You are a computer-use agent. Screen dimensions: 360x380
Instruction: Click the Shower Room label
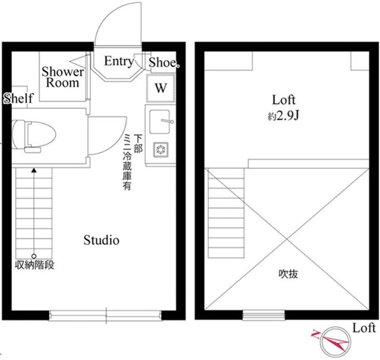click(x=63, y=78)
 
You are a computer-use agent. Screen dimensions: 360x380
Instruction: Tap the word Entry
click(x=119, y=61)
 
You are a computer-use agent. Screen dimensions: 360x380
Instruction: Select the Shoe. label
click(x=164, y=62)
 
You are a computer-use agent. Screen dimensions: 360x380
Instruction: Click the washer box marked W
click(x=161, y=88)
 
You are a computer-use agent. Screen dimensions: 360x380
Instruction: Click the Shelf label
click(x=19, y=98)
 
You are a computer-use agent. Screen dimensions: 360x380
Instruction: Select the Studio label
click(x=101, y=240)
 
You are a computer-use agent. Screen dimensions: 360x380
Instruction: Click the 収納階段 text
click(x=35, y=265)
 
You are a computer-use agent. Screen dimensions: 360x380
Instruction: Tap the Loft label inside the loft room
click(x=284, y=100)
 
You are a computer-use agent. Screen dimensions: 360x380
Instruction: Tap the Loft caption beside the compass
click(x=364, y=328)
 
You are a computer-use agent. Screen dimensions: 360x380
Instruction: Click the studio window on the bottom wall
click(x=105, y=314)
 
